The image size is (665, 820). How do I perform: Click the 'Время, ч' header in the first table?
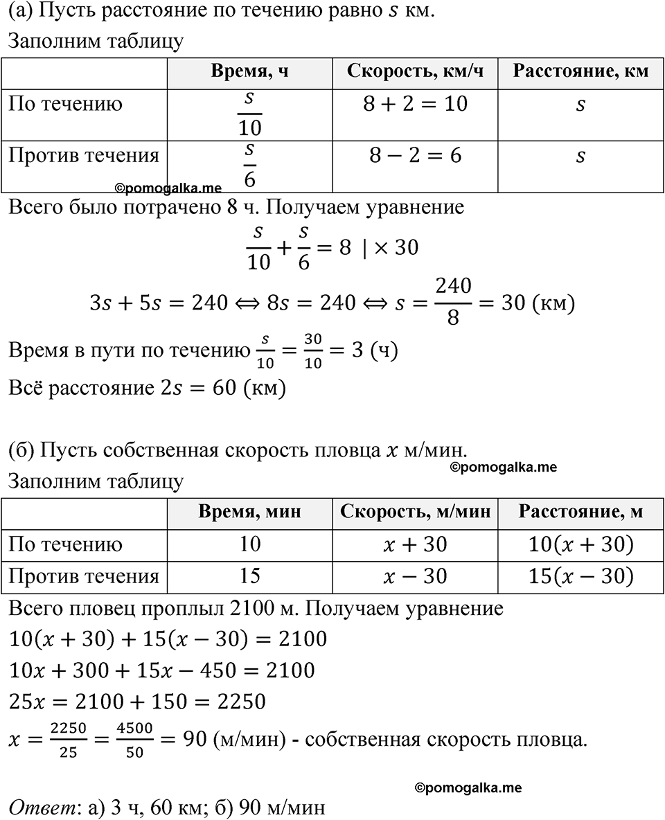tap(249, 73)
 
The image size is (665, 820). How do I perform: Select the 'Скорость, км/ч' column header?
tap(415, 73)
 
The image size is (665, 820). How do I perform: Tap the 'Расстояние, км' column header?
tap(580, 73)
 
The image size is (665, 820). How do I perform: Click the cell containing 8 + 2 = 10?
tap(415, 105)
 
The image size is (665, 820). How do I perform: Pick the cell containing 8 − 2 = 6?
tap(415, 156)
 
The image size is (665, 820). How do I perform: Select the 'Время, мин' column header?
tap(249, 512)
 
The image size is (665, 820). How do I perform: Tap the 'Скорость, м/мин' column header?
tap(415, 512)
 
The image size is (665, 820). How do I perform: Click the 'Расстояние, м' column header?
tap(580, 512)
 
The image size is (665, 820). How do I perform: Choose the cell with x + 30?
tap(415, 545)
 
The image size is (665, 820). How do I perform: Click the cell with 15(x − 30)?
tap(580, 576)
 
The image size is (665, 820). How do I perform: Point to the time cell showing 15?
tap(249, 576)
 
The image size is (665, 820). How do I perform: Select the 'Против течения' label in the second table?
tap(84, 576)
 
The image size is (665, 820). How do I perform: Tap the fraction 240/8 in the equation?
tap(454, 303)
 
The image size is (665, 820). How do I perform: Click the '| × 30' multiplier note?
tap(391, 247)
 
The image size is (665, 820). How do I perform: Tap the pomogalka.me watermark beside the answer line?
tap(468, 787)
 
